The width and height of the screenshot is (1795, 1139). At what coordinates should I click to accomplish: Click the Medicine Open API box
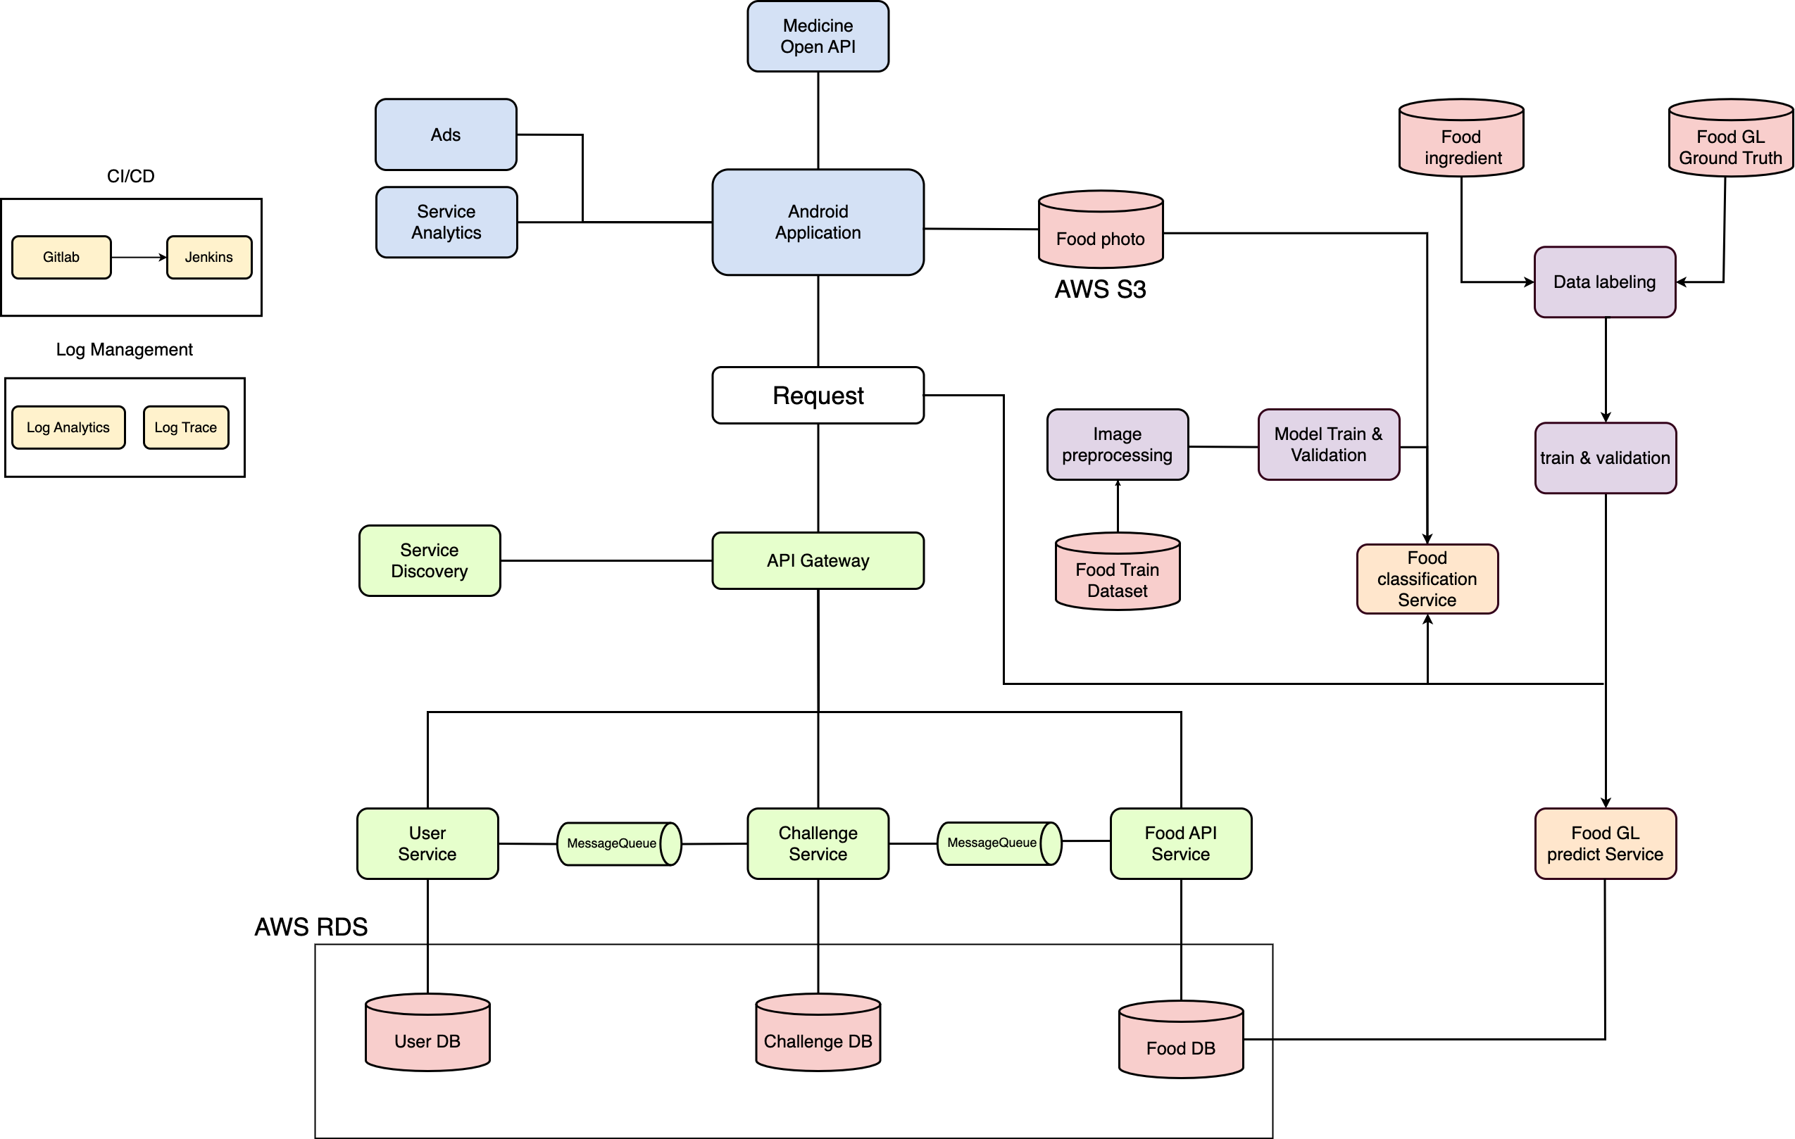(818, 37)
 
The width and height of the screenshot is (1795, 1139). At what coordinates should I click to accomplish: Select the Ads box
(446, 135)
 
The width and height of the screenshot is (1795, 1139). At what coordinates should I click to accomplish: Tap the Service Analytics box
(446, 222)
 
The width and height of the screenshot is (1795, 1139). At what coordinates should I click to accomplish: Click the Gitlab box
(61, 257)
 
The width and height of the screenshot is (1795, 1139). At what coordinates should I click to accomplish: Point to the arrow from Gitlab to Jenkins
(139, 257)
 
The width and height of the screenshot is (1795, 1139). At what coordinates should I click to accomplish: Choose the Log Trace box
(186, 427)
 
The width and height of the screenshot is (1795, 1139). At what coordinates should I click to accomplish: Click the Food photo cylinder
(1100, 232)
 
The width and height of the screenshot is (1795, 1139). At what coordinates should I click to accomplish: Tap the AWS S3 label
(1100, 289)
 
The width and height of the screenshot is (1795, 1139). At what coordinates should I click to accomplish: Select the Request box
(818, 395)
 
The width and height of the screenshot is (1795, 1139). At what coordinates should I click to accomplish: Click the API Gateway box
(818, 560)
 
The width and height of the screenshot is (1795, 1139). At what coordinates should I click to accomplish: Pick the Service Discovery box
(430, 560)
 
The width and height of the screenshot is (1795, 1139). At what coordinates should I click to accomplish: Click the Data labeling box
(1604, 282)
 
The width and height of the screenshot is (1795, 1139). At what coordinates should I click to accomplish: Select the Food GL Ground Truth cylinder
(1730, 141)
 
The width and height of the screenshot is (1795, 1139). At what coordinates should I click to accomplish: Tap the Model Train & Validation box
(1328, 444)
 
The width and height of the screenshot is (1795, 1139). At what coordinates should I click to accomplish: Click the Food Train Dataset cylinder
(1118, 575)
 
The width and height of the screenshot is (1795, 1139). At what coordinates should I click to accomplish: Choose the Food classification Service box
(1427, 579)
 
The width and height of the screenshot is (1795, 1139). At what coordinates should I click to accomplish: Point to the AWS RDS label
(311, 926)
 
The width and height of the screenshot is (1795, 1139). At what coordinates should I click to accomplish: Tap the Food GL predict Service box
(1605, 843)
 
